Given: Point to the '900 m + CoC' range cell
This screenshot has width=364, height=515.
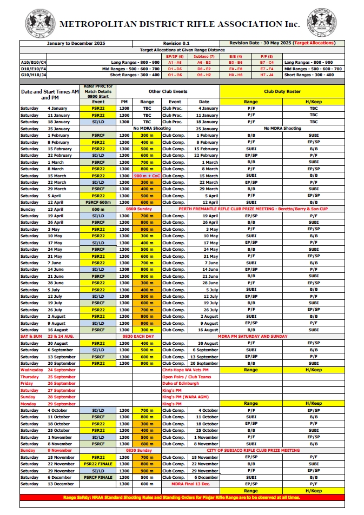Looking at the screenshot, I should click(147, 176).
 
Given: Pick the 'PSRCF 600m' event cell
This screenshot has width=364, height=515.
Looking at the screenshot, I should click(98, 202).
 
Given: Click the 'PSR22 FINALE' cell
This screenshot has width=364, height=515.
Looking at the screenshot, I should click(98, 464).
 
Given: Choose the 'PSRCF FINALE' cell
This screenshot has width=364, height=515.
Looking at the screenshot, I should click(98, 477).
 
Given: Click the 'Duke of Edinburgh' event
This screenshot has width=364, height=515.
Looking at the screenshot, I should click(180, 383).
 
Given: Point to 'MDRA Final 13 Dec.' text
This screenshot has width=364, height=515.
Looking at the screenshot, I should click(185, 484).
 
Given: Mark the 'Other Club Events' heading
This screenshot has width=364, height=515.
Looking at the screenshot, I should click(168, 92).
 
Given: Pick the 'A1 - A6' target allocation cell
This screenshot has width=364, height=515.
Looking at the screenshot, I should click(175, 63).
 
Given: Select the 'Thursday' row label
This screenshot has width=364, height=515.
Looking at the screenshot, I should click(30, 377).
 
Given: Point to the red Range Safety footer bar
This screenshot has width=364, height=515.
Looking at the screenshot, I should click(182, 497).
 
